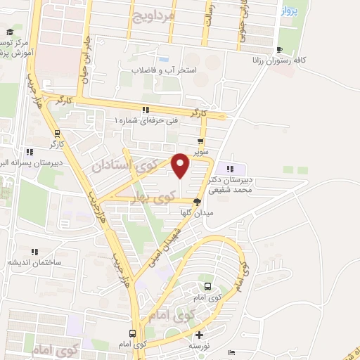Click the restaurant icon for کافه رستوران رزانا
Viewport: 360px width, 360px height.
point(280,49)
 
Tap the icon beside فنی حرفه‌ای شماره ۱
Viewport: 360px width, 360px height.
point(146,110)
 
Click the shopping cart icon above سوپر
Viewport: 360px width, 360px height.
point(202,139)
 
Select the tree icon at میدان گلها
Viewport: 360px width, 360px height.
point(205,201)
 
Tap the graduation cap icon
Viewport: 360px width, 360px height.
point(10,32)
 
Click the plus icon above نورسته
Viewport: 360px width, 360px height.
point(199,335)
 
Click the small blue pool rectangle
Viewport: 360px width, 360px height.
point(163,58)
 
